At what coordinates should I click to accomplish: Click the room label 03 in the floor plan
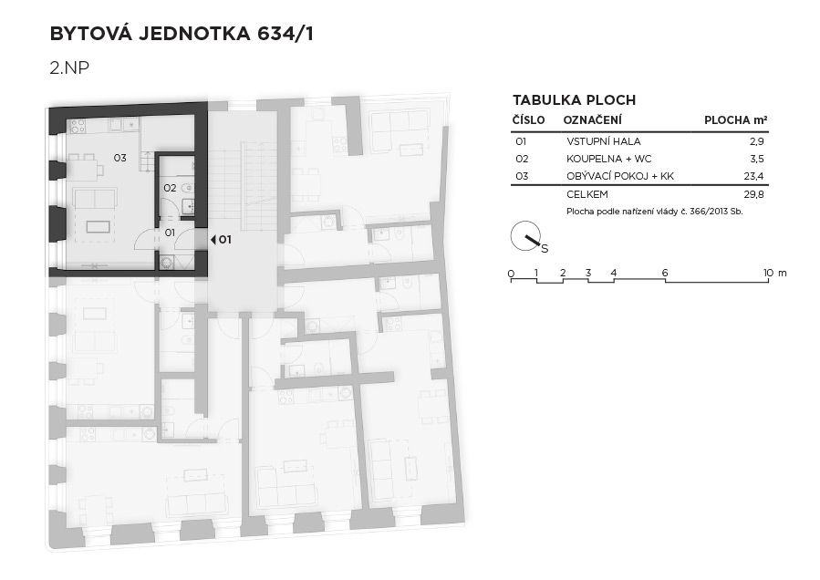[x=119, y=158]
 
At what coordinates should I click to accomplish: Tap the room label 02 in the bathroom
[x=170, y=188]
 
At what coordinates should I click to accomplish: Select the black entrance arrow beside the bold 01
[x=213, y=240]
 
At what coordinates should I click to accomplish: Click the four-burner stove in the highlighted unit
[x=78, y=126]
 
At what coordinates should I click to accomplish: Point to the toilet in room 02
[x=187, y=187]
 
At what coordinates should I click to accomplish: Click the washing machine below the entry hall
[x=166, y=262]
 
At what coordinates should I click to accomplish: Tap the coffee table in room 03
[x=99, y=226]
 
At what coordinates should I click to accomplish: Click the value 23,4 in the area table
[x=753, y=176]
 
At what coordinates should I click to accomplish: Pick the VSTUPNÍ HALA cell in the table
[x=604, y=141]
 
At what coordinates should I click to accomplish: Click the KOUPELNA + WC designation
[x=608, y=159]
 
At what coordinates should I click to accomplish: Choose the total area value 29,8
[x=753, y=194]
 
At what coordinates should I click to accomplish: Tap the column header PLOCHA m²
[x=736, y=119]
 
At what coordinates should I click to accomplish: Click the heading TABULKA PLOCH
[x=575, y=100]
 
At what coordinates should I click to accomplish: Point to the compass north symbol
[x=527, y=237]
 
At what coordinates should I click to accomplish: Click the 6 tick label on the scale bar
[x=665, y=273]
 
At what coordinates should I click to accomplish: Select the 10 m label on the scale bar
[x=774, y=273]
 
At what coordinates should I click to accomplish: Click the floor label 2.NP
[x=69, y=67]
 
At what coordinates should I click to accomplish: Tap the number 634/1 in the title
[x=285, y=34]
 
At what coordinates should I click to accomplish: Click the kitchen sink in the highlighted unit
[x=116, y=124]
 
